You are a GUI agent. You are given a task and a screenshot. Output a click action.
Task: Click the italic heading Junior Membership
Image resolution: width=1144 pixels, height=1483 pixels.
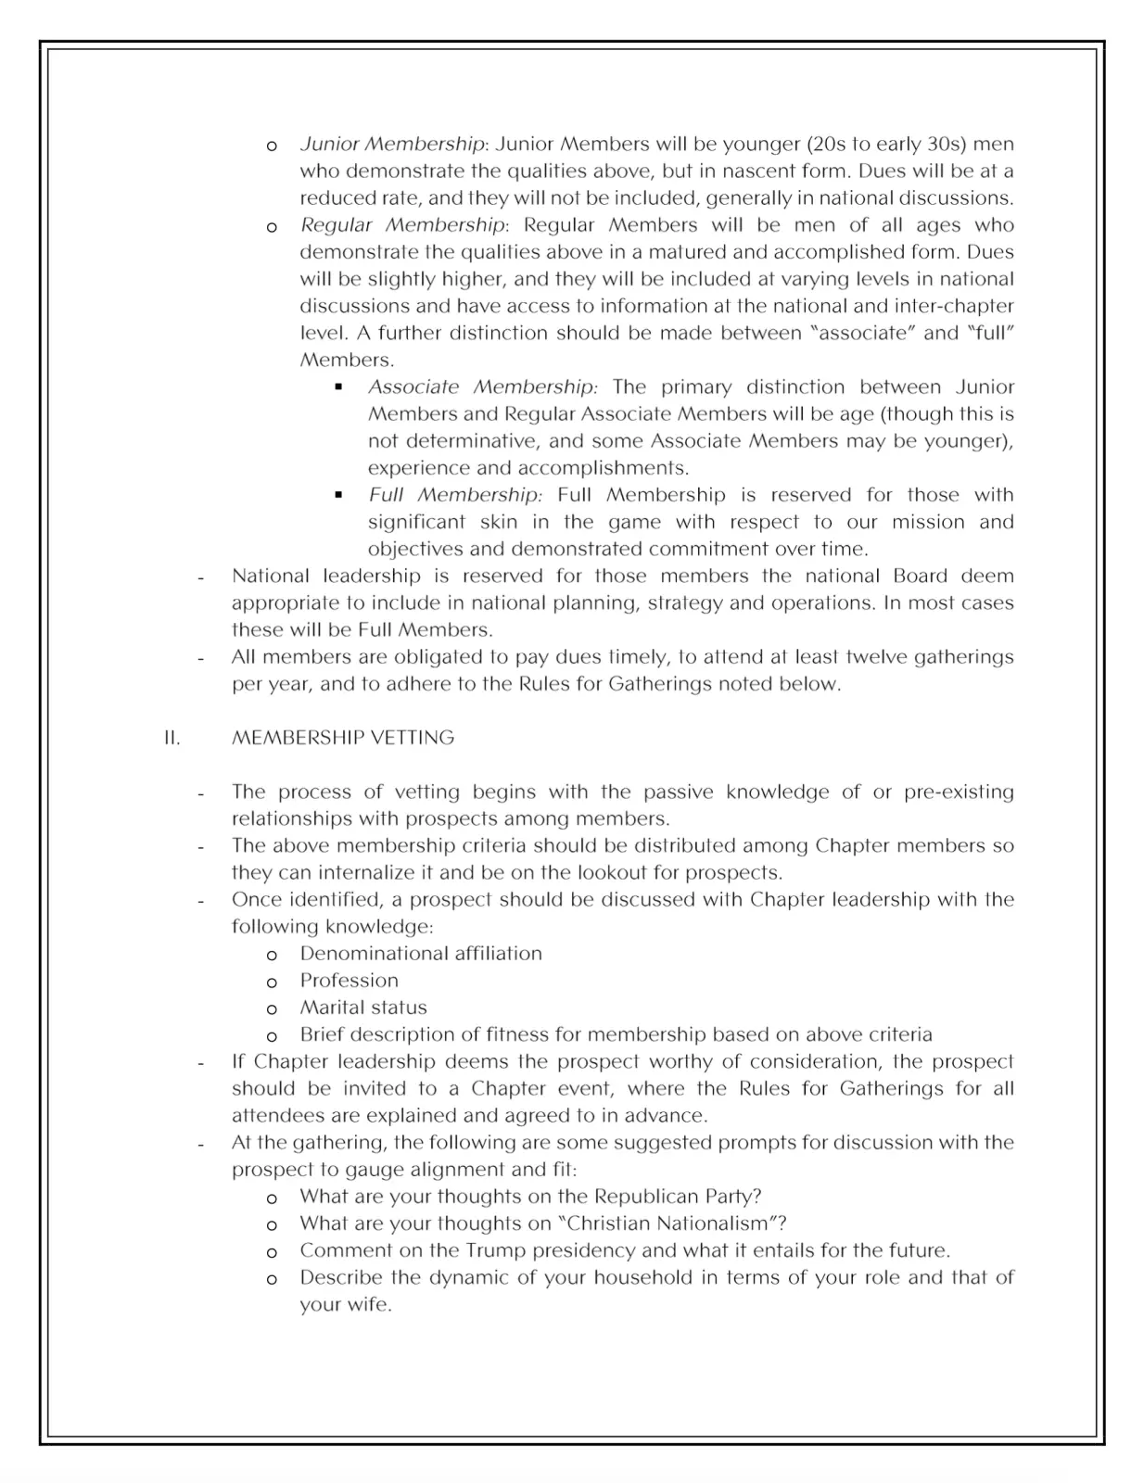point(392,145)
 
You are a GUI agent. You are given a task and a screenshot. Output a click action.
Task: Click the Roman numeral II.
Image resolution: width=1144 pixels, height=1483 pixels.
point(172,738)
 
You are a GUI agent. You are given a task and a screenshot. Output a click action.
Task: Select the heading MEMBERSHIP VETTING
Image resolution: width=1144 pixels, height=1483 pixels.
point(343,738)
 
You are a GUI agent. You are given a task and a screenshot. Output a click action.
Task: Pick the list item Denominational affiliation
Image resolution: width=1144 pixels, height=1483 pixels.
point(421,954)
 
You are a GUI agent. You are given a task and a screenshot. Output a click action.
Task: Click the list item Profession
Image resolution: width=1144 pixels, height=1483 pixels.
point(349,981)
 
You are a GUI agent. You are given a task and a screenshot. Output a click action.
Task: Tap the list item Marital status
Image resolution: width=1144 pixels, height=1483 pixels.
point(363,1008)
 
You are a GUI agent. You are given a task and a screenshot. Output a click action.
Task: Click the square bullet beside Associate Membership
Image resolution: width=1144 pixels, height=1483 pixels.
point(339,387)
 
